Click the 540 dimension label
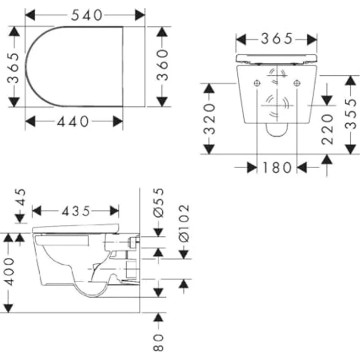tap(86, 15)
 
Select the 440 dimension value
tap(73, 121)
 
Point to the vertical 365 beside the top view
tap(15, 67)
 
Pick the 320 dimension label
tap(209, 119)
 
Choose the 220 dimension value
tap(327, 129)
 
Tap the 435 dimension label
tap(76, 211)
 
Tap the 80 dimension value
tap(158, 342)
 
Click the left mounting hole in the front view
tap(257, 84)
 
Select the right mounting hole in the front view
tap(296, 84)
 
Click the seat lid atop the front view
tap(276, 58)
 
